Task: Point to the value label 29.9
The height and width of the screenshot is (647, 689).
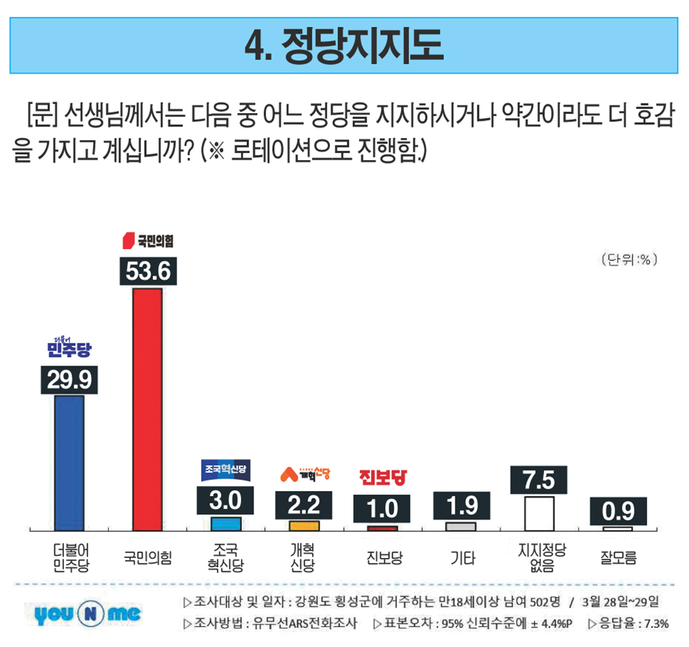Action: tap(69, 380)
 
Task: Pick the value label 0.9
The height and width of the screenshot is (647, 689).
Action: tap(617, 512)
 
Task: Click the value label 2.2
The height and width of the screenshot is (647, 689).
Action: tap(304, 505)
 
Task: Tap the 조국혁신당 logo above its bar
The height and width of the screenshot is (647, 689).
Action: tap(226, 470)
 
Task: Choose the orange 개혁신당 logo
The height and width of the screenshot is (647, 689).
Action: tap(304, 474)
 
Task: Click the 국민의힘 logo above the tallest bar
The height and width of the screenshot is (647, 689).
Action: tap(147, 241)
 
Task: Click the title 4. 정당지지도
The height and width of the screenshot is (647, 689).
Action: tap(344, 46)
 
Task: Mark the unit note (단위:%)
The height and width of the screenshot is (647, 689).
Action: tap(628, 260)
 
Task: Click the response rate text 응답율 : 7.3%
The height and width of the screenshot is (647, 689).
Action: tap(628, 624)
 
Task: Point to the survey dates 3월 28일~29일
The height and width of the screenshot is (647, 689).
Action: tap(620, 601)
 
